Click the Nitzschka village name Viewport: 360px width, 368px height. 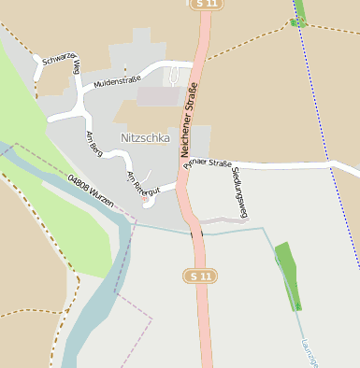(x=146, y=137)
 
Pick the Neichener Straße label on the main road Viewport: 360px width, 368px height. (x=190, y=120)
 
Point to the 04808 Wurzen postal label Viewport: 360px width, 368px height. (x=91, y=191)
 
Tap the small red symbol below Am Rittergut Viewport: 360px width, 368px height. (x=144, y=199)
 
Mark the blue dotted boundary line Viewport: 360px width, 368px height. (x=327, y=131)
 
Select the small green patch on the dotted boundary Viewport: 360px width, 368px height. (x=299, y=21)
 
